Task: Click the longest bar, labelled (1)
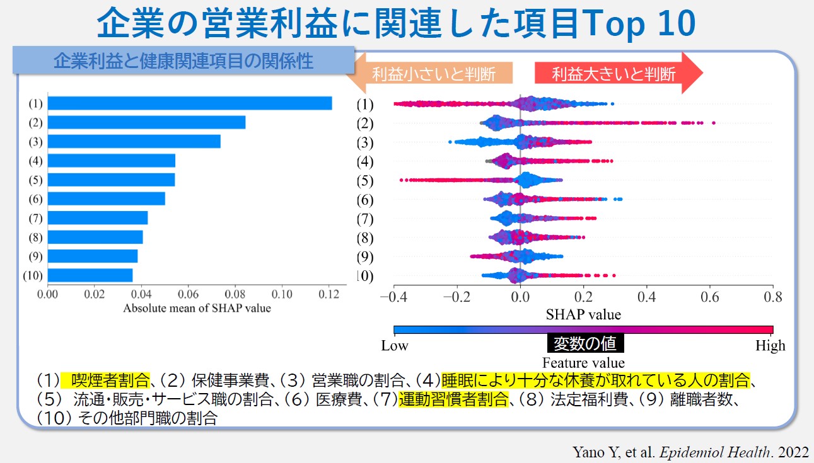tap(189, 103)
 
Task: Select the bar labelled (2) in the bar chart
tap(146, 122)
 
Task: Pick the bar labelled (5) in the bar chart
tap(111, 180)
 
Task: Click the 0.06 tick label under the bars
tap(188, 294)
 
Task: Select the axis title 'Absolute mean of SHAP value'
tap(197, 308)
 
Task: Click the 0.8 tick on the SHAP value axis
tap(772, 297)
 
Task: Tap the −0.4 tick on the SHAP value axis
tap(393, 297)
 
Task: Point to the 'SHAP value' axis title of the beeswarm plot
tap(583, 314)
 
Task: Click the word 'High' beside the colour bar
tap(770, 345)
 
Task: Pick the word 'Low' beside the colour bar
tap(395, 345)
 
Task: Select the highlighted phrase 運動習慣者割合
tap(453, 399)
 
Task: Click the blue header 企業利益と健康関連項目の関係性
tap(183, 61)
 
